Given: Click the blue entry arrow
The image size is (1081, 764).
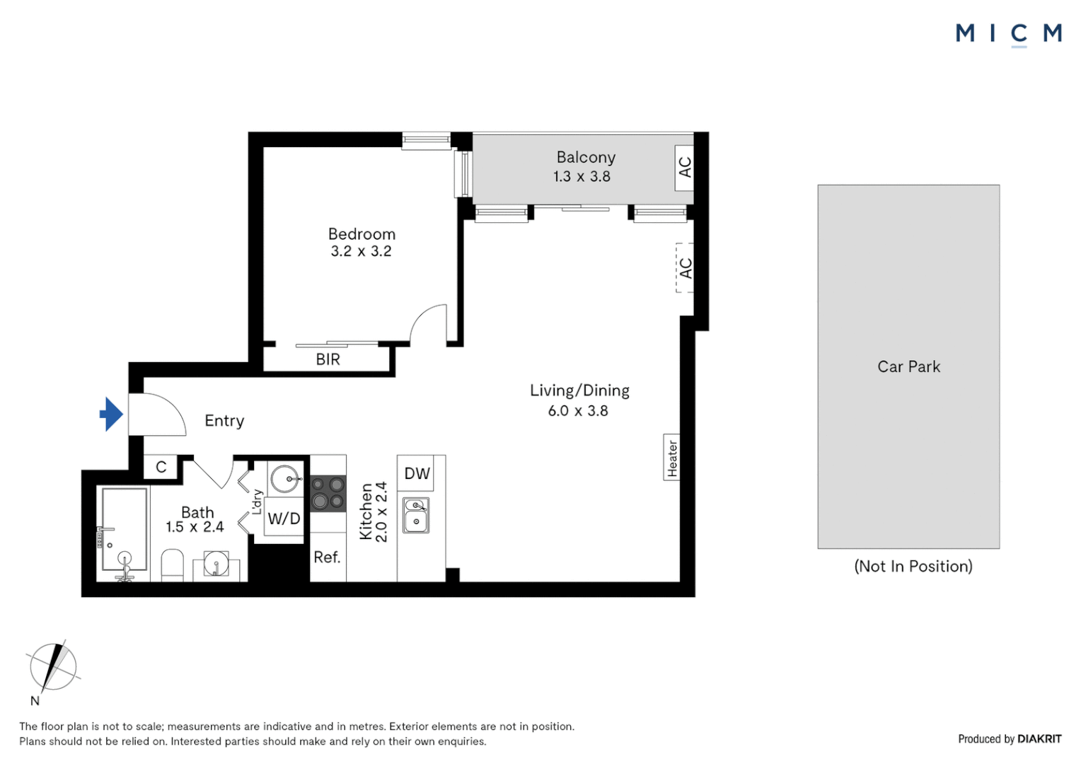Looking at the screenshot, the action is click(x=112, y=414).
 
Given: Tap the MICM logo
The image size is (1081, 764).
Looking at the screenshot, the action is click(x=1009, y=34).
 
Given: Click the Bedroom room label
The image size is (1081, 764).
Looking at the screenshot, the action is click(x=362, y=234).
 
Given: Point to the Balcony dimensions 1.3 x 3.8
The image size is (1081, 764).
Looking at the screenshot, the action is click(x=582, y=177).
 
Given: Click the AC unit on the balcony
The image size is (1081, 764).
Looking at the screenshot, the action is click(x=684, y=168).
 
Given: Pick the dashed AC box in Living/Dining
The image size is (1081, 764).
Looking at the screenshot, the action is click(x=685, y=268).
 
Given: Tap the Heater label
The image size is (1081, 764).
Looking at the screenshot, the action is click(x=672, y=458).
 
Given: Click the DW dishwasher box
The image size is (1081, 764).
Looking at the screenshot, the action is click(x=415, y=473).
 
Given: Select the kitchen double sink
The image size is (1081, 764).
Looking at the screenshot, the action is click(x=417, y=516).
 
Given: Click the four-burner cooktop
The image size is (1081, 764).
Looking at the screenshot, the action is click(x=328, y=494).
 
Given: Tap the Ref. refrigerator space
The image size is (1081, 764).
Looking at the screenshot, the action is click(x=328, y=557).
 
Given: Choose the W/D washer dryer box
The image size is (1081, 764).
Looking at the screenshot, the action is click(x=284, y=519).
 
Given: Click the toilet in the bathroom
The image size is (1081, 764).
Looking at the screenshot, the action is click(x=173, y=565).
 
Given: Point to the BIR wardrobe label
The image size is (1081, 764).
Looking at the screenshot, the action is click(x=328, y=359).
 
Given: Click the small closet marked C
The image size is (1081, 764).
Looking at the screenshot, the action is click(x=161, y=467).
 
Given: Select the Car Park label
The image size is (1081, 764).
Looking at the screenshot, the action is click(x=908, y=367).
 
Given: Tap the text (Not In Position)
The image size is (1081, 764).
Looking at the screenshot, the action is click(x=913, y=566).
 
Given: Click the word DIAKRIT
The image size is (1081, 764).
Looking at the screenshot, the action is click(x=1039, y=739).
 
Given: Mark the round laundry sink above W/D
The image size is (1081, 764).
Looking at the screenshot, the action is click(x=285, y=478).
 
